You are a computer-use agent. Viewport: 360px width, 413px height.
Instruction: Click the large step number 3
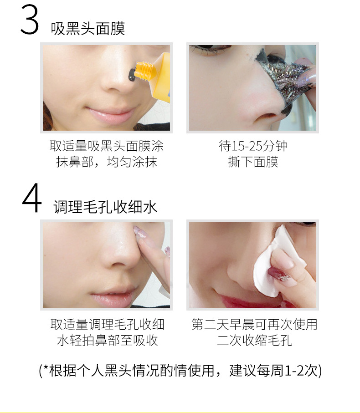pyautogui.click(x=30, y=20)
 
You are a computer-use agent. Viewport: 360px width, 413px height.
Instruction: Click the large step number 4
pyautogui.click(x=32, y=198)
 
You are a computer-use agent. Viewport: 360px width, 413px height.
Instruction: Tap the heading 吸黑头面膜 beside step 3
pyautogui.click(x=88, y=28)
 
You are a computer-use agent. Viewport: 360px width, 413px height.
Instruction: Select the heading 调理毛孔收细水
pyautogui.click(x=105, y=207)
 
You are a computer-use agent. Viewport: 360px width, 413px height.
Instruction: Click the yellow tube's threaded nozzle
pyautogui.click(x=144, y=71)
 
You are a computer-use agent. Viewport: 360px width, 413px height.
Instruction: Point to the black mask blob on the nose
pyautogui.click(x=132, y=75)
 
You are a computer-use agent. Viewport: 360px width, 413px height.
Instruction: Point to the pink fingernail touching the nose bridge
pyautogui.click(x=140, y=232)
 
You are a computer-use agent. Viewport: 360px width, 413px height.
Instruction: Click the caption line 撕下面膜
pyautogui.click(x=253, y=162)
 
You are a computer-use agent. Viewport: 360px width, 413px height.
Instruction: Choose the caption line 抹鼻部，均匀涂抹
pyautogui.click(x=107, y=162)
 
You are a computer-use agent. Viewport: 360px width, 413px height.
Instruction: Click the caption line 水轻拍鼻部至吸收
pyautogui.click(x=107, y=340)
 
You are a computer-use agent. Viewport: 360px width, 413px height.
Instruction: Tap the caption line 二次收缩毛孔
pyautogui.click(x=255, y=340)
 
